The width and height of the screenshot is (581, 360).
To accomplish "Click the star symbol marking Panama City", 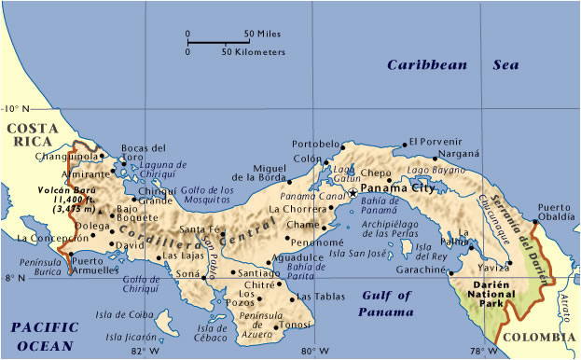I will tap(353, 192).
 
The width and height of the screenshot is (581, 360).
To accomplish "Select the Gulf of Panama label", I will tap(386, 304).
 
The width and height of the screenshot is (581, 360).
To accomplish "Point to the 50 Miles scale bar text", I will tap(262, 35).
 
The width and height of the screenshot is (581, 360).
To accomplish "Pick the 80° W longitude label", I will tap(314, 351).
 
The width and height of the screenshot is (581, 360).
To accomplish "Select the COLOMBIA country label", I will tap(539, 338).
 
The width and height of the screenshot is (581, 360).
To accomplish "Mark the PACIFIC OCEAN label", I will tap(41, 336).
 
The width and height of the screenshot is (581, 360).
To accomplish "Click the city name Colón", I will tap(306, 159).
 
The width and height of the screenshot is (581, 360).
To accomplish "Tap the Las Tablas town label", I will tap(314, 298).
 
